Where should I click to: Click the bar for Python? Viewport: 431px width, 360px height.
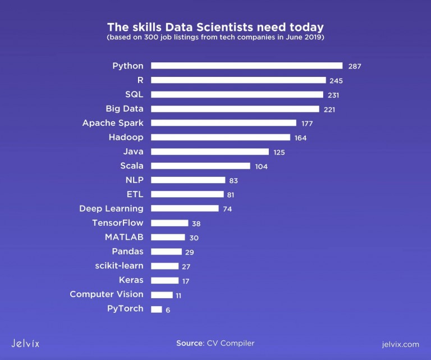click(x=246, y=66)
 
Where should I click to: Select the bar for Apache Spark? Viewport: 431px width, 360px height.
click(x=223, y=123)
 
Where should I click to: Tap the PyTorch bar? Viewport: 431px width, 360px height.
click(x=157, y=309)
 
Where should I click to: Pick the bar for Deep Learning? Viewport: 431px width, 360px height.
click(x=185, y=208)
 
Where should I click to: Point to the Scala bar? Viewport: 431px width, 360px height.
click(x=200, y=166)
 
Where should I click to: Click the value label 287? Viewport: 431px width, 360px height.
click(x=354, y=66)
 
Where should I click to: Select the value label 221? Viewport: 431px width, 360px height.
click(x=329, y=110)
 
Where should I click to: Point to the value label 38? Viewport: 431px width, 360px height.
click(x=196, y=224)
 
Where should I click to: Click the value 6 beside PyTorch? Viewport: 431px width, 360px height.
click(x=168, y=309)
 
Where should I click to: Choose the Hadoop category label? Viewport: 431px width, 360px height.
click(x=126, y=137)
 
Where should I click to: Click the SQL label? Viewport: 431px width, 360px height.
click(x=134, y=94)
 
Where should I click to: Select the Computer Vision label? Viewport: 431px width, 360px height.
click(x=107, y=294)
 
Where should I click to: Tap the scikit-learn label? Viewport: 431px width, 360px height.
click(x=119, y=266)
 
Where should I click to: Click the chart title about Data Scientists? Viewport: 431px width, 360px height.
click(x=215, y=27)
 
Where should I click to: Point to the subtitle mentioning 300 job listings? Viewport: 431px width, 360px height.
click(x=215, y=38)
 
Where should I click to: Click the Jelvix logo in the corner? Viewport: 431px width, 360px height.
click(x=25, y=343)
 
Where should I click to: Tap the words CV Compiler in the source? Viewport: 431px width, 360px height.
click(x=231, y=343)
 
